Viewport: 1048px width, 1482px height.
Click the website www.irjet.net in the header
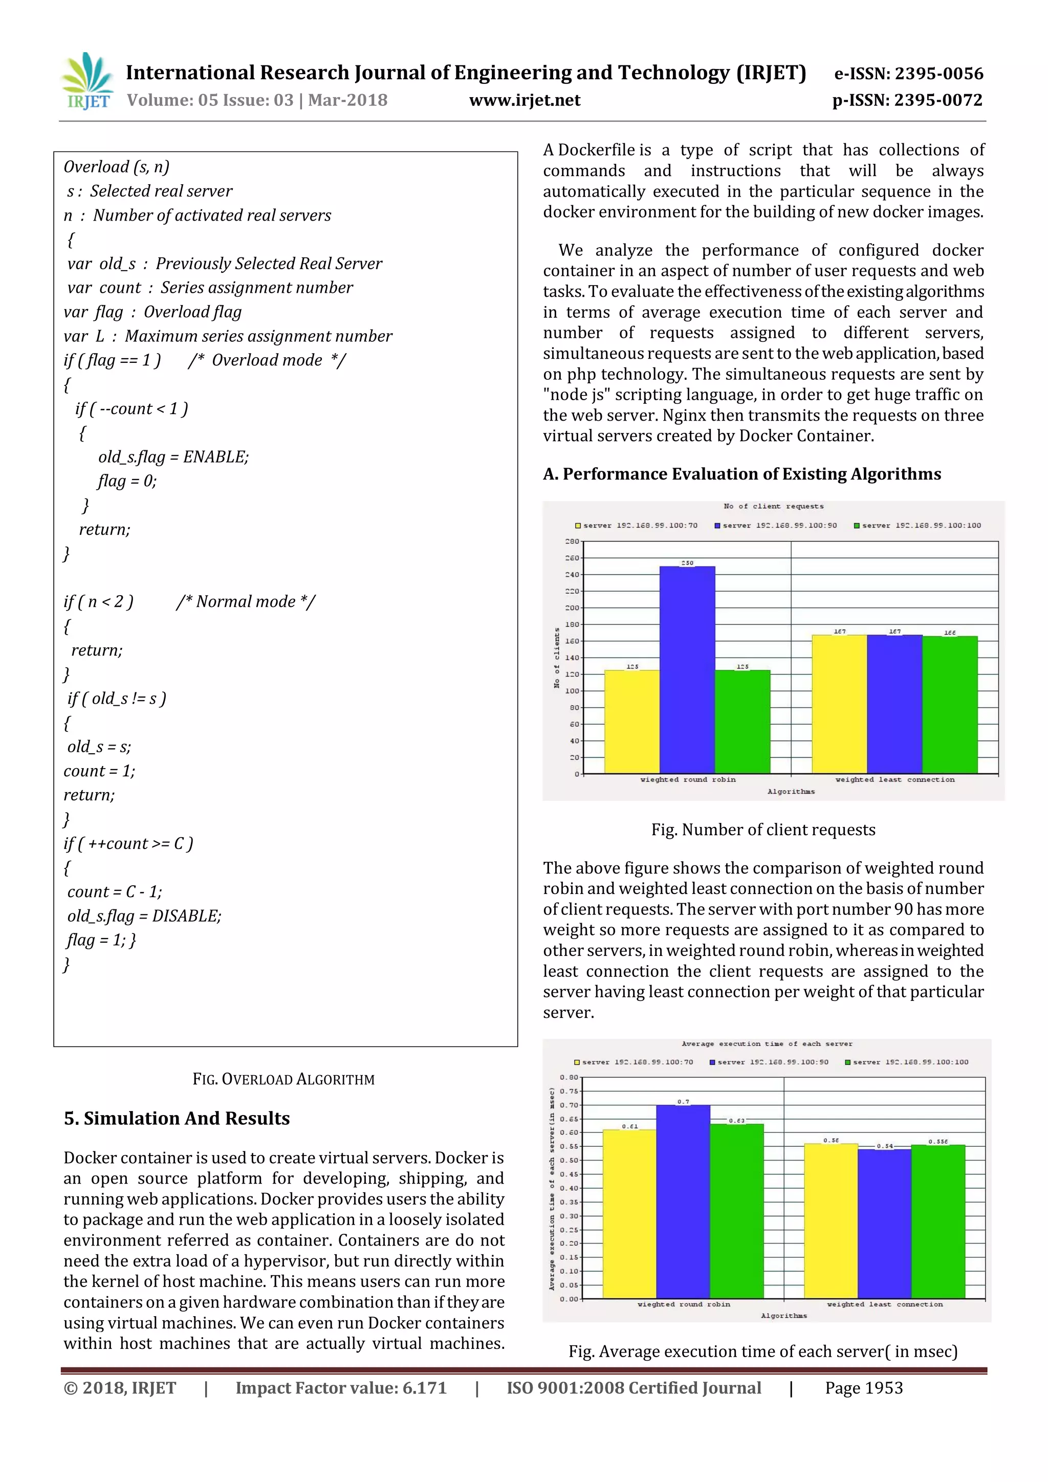(x=525, y=101)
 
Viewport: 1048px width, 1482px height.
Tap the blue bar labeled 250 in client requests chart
(x=687, y=669)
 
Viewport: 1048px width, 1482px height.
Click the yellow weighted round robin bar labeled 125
(x=632, y=721)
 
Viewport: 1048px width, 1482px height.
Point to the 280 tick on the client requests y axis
(x=572, y=541)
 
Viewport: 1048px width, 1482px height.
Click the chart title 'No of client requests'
(x=773, y=506)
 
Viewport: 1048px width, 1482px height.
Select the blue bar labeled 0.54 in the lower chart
(x=884, y=1223)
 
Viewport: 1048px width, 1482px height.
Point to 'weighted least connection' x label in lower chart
(x=884, y=1304)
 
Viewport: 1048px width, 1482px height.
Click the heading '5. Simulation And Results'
(x=177, y=1119)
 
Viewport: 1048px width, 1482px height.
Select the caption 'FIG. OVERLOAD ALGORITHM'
(x=283, y=1079)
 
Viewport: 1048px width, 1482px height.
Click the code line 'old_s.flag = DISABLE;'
(x=144, y=916)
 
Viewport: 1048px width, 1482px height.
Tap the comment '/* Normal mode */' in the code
(x=246, y=602)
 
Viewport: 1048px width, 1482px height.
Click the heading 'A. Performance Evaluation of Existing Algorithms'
(x=741, y=474)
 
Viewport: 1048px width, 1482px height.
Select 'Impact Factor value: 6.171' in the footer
(x=341, y=1388)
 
